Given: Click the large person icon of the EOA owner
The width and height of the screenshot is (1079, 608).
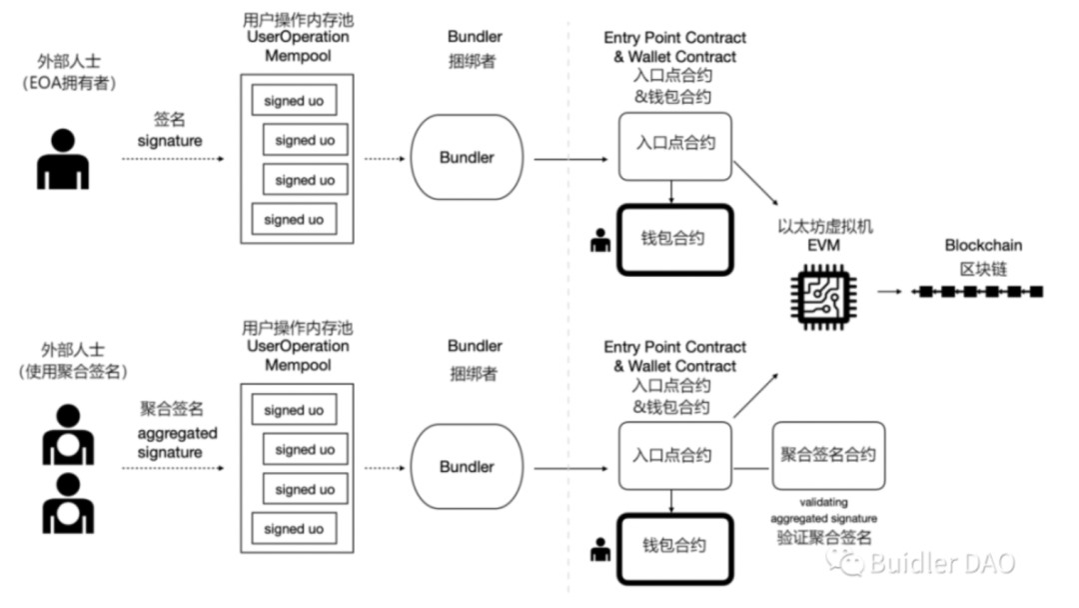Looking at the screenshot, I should (63, 159).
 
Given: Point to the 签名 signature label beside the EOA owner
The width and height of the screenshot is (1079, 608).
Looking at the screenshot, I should (170, 130).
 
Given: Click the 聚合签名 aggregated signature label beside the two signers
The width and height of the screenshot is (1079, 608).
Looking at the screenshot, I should (171, 430).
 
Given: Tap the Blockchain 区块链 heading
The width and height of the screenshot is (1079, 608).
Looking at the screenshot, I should (983, 254).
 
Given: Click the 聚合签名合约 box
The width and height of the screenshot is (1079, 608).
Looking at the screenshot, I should (827, 455).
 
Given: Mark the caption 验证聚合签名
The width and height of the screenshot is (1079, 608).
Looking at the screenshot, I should (824, 537).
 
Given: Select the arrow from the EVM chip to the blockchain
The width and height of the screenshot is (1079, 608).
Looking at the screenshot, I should (892, 291).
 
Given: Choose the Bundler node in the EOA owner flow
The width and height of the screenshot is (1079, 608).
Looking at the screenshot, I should (467, 158).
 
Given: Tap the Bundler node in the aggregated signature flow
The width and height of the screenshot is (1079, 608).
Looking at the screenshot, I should (467, 467).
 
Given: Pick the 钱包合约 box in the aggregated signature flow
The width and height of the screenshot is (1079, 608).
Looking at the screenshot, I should (674, 545).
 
